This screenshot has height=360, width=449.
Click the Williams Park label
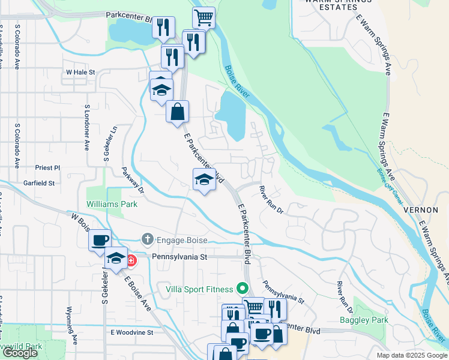[112, 204]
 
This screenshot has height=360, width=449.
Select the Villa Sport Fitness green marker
[243, 289]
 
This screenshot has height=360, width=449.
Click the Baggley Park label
[364, 320]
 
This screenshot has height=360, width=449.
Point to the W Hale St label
[81, 71]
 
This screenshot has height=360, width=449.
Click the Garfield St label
[39, 182]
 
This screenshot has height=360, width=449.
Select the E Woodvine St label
[132, 332]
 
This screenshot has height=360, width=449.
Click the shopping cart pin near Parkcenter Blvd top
[204, 17]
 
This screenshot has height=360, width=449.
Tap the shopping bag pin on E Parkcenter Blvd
[178, 112]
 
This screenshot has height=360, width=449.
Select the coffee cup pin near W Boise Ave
[100, 240]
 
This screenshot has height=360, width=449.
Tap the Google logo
[20, 353]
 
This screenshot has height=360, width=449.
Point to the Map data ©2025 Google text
[412, 355]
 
